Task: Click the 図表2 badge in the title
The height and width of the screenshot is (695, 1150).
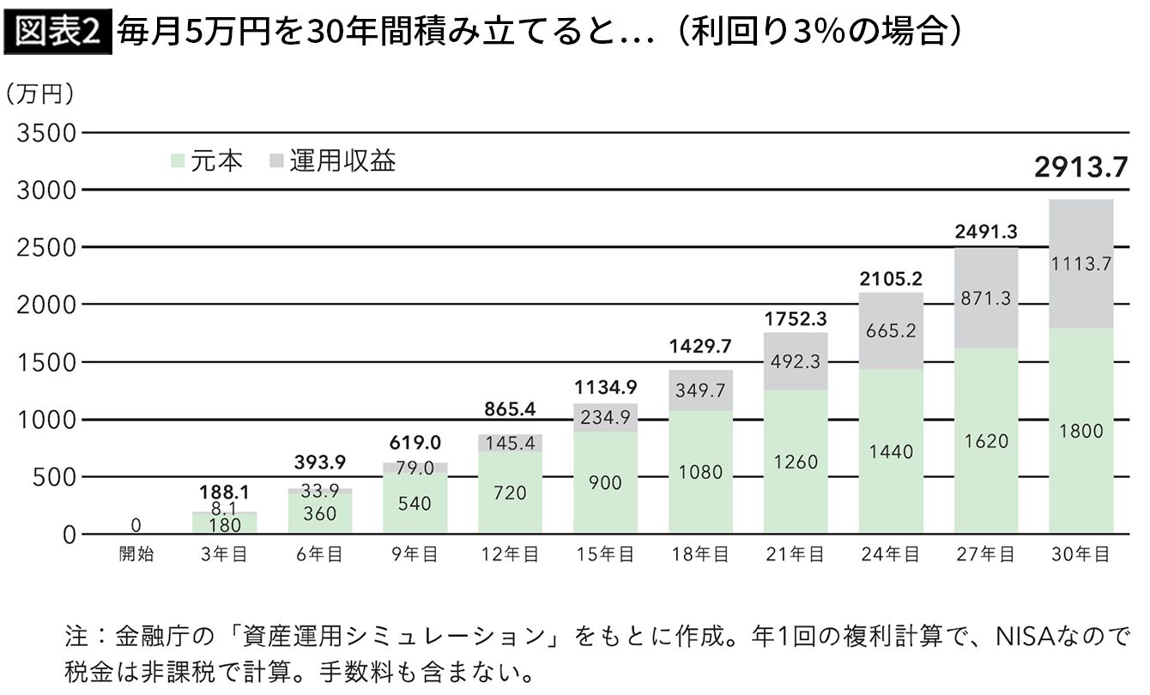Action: [x=57, y=33]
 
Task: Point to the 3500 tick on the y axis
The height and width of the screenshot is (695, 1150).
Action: [x=45, y=133]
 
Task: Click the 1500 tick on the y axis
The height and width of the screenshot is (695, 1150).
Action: [x=45, y=362]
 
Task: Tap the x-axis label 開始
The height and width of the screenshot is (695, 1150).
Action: [x=136, y=555]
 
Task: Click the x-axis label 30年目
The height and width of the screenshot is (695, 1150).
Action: [x=1080, y=555]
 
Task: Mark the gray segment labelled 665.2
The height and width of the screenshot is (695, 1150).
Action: [x=891, y=331]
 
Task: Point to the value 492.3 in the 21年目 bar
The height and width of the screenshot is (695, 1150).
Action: [x=796, y=362]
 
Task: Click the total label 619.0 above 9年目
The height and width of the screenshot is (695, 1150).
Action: [x=415, y=443]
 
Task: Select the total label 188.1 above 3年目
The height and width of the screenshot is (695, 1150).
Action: [x=224, y=493]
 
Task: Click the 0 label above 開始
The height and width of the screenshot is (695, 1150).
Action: [x=136, y=524]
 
